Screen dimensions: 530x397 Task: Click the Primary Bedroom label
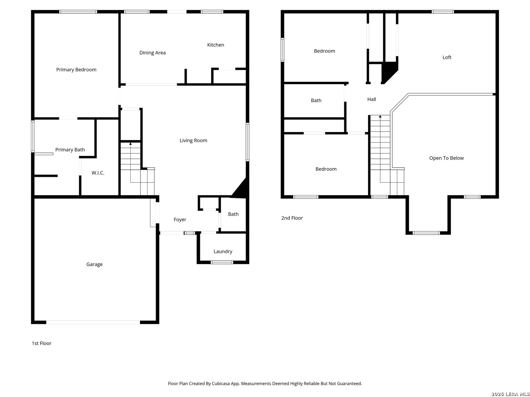76,70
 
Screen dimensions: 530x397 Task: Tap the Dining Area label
152,53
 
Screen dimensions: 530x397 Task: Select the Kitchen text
215,45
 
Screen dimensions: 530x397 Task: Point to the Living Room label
193,140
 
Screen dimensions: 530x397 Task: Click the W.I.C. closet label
98,173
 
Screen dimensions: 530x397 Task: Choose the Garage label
94,264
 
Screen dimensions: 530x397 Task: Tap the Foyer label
180,219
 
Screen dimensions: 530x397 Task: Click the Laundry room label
223,252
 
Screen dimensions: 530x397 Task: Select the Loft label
447,57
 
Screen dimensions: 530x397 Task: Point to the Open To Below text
446,158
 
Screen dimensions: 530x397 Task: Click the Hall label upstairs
371,99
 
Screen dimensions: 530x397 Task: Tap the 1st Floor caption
42,343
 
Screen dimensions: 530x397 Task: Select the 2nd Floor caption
291,218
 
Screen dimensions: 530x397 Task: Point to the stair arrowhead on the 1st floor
130,144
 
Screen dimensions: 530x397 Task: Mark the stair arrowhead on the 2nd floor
380,117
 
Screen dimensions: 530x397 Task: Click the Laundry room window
222,262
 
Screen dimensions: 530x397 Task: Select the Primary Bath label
70,150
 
